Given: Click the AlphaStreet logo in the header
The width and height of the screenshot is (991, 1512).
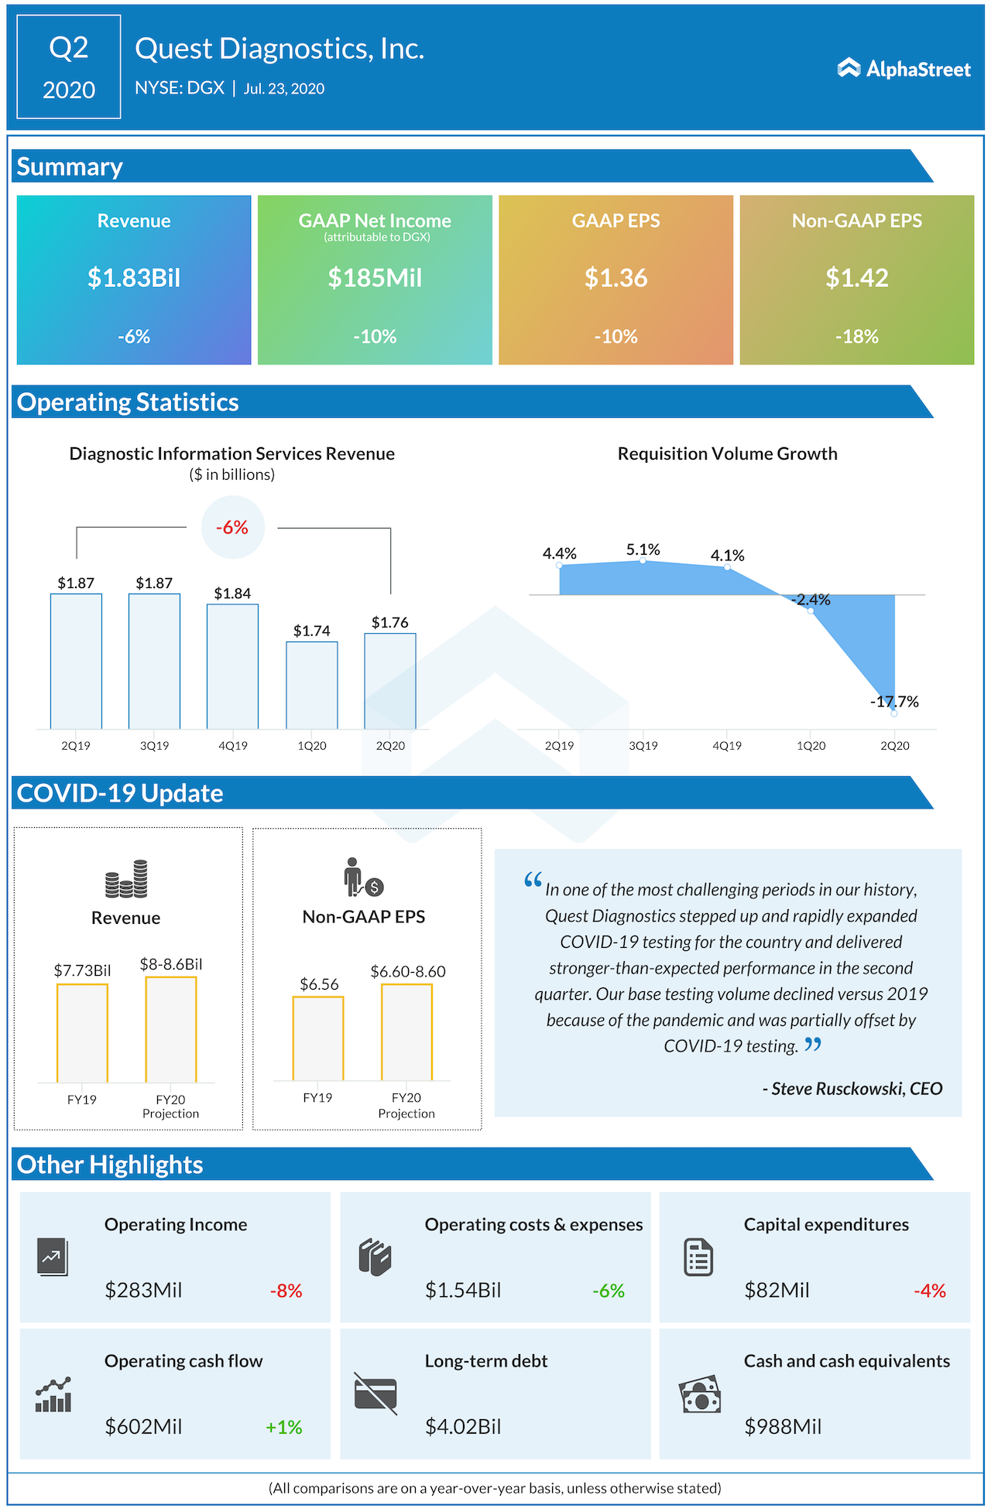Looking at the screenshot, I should [904, 69].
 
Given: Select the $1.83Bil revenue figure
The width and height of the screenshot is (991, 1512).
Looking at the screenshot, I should [134, 278].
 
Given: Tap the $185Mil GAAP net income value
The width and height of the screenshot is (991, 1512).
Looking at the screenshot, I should [375, 278].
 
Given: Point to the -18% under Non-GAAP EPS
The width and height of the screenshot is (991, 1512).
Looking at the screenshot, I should [856, 337].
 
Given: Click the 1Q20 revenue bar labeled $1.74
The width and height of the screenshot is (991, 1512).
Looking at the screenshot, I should [312, 685].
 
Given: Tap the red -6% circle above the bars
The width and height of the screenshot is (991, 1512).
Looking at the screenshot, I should [232, 528].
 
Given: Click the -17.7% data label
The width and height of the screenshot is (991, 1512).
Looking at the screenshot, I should [894, 702].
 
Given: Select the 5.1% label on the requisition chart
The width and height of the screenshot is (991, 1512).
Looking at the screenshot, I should [643, 550].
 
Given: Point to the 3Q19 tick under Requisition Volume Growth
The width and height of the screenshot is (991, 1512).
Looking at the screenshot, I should [643, 746].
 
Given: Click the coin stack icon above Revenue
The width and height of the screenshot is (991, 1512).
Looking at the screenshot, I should [126, 879].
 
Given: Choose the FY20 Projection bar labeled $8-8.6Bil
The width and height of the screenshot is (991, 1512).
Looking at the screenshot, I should [171, 1029].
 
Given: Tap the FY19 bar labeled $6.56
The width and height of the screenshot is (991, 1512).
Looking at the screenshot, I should [318, 1038].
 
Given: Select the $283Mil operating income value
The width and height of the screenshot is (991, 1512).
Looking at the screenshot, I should [144, 1290].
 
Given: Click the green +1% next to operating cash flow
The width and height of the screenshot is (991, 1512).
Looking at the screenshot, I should [283, 1427].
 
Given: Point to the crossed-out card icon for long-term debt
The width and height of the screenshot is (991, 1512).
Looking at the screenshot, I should [375, 1394].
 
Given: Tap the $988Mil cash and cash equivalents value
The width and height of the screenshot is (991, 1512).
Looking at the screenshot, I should [783, 1426].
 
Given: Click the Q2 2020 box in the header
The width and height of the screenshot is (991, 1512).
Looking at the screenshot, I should [69, 67].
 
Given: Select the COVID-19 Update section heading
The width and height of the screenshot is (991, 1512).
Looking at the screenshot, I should [120, 793].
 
